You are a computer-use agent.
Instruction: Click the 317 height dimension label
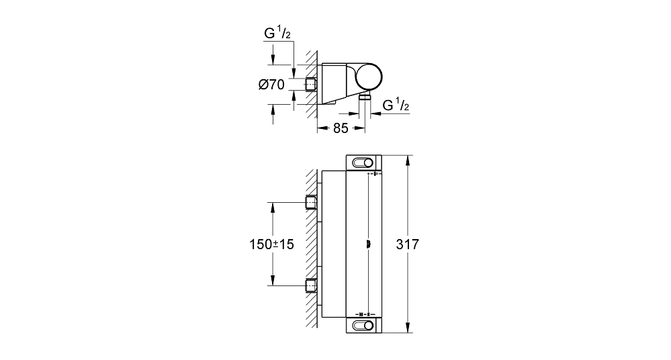tap(408, 244)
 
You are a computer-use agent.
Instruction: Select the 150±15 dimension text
tap(272, 244)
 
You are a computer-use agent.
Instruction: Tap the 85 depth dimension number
tap(341, 128)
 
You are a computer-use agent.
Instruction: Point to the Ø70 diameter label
tap(272, 85)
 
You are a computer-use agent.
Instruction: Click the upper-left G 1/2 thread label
tap(277, 34)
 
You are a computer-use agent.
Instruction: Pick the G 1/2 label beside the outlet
tap(396, 105)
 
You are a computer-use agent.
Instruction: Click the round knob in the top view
tap(369, 77)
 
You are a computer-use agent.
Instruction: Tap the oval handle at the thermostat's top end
tap(363, 163)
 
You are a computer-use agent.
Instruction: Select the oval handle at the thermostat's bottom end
tap(363, 325)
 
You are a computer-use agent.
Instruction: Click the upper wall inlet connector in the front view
tap(311, 202)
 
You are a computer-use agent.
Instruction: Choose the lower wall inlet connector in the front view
tap(311, 285)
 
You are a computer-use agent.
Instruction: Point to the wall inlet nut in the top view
tap(311, 85)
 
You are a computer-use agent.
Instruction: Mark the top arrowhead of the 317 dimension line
tap(408, 159)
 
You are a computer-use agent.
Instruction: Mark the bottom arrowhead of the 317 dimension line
tap(408, 328)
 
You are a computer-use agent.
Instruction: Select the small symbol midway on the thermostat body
tap(368, 244)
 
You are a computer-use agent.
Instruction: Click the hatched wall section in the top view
tap(312, 85)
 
